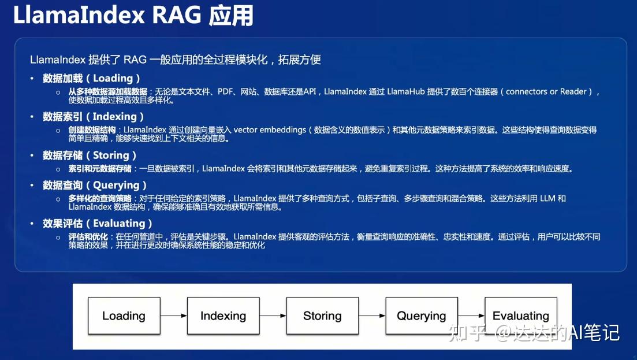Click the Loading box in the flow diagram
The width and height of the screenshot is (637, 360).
[124, 316]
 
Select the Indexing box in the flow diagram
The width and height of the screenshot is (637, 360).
[223, 316]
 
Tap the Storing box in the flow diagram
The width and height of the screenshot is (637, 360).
[322, 316]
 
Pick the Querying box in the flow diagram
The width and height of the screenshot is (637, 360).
[422, 316]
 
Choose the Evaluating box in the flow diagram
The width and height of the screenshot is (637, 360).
[520, 316]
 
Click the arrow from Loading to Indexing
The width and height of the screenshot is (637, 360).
[174, 316]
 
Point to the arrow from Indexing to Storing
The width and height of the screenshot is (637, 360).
[273, 316]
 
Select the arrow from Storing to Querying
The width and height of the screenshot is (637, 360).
[372, 316]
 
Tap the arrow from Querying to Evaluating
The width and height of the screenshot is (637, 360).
[471, 316]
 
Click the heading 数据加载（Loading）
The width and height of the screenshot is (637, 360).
[91, 79]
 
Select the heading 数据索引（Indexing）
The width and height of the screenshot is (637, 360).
[93, 117]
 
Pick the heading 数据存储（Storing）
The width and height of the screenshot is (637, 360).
[90, 155]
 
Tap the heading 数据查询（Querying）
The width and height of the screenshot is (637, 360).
[95, 185]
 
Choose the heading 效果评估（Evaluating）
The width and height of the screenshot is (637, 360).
[98, 224]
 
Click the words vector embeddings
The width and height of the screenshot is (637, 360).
[270, 130]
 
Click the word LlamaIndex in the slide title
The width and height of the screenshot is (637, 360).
[79, 16]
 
